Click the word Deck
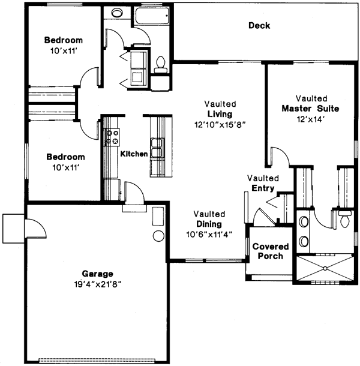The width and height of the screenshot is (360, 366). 259,26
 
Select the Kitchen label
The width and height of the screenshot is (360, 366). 134,154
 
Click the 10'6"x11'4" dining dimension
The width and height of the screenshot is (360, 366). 209,234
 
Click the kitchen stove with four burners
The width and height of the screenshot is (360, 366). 112,137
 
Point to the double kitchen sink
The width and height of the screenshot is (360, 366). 158,146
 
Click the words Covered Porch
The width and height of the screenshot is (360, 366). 269,251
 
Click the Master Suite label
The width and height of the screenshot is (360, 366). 310,109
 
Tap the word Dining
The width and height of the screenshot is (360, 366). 209,224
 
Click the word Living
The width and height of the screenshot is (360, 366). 220,114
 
